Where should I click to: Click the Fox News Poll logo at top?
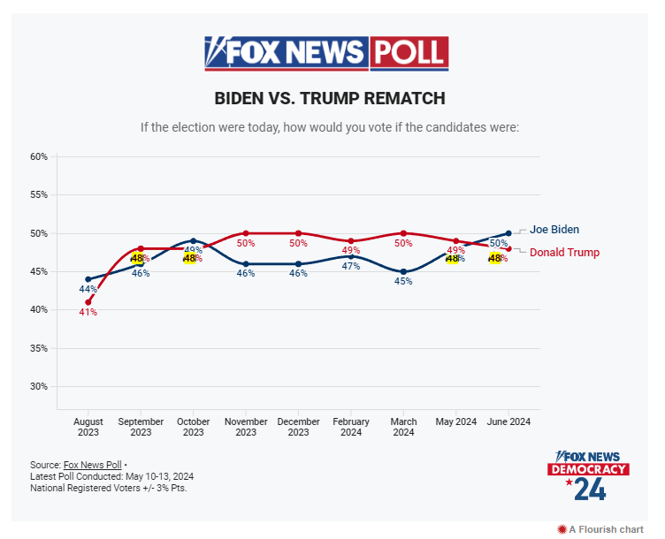click(x=326, y=53)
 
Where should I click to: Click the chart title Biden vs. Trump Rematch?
click(x=330, y=98)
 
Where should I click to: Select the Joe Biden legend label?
click(x=554, y=230)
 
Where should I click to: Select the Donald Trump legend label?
click(x=564, y=253)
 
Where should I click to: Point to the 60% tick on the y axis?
click(x=39, y=156)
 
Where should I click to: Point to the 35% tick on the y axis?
click(x=39, y=348)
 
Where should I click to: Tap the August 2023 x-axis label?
click(x=88, y=427)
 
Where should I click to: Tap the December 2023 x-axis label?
click(x=298, y=427)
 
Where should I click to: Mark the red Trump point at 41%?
click(x=88, y=302)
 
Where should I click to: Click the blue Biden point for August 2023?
click(x=88, y=279)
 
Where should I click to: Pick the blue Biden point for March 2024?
click(x=403, y=271)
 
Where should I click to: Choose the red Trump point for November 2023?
click(x=246, y=233)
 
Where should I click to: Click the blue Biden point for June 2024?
click(x=508, y=233)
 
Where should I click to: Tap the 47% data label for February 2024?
click(x=351, y=266)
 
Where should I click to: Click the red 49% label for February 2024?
click(x=351, y=250)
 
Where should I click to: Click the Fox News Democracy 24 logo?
click(x=589, y=475)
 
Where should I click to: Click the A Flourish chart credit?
click(x=600, y=529)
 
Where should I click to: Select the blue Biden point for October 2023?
click(x=194, y=240)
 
